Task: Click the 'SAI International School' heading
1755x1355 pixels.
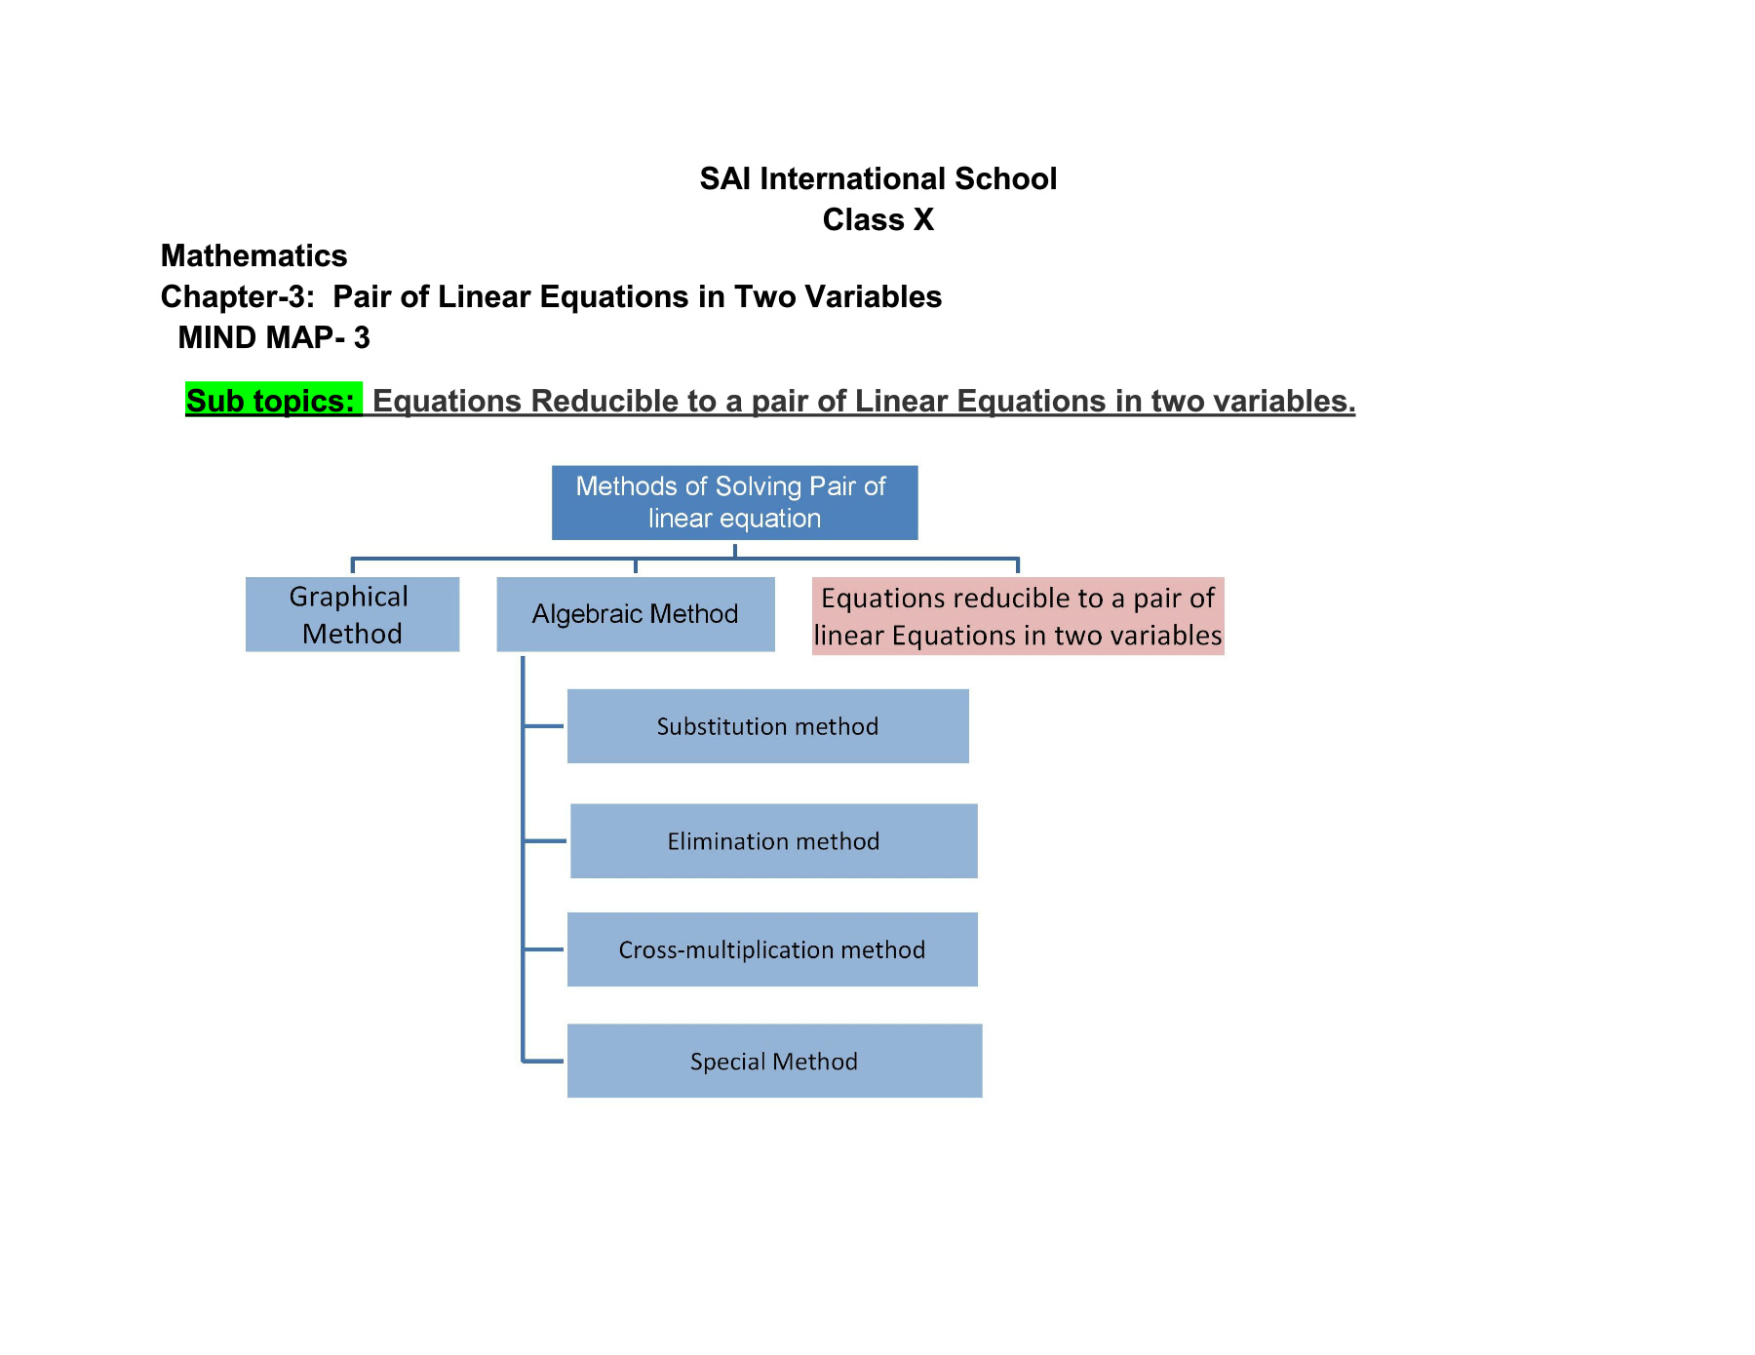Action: pyautogui.click(x=877, y=178)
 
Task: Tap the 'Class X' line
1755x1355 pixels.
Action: pyautogui.click(x=877, y=219)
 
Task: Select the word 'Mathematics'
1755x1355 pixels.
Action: pyautogui.click(x=253, y=255)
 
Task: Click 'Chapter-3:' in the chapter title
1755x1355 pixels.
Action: pyautogui.click(x=238, y=296)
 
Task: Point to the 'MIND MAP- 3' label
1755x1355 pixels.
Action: pyautogui.click(x=274, y=337)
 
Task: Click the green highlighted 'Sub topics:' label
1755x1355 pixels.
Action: pyautogui.click(x=273, y=400)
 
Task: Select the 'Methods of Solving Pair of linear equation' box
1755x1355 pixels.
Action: pyautogui.click(x=734, y=502)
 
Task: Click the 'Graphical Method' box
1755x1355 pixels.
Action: pyautogui.click(x=352, y=614)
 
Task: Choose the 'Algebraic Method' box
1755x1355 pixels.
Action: pyautogui.click(x=636, y=614)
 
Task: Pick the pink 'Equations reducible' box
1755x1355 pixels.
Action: pyautogui.click(x=1018, y=616)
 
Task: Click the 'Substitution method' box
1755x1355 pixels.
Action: pyautogui.click(x=768, y=726)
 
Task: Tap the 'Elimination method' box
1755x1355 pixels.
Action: pyautogui.click(x=774, y=841)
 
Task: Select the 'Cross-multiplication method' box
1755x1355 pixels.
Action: pyautogui.click(x=772, y=949)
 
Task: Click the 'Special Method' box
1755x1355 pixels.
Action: pyautogui.click(x=775, y=1061)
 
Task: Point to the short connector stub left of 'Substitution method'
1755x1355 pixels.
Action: pyautogui.click(x=544, y=726)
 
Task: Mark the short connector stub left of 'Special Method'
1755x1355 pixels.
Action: pyautogui.click(x=544, y=1061)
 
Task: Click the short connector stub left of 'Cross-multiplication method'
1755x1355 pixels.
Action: pyautogui.click(x=544, y=949)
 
